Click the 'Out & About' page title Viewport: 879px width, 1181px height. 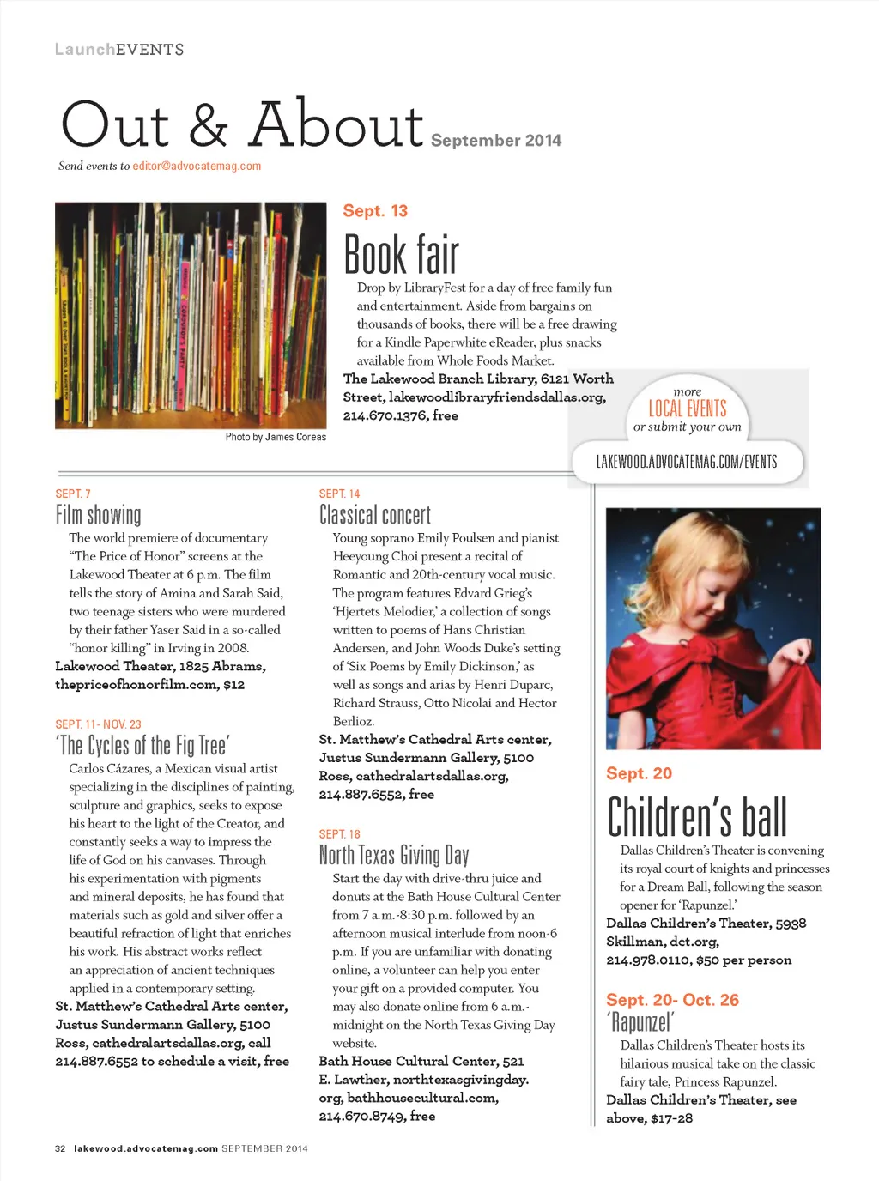[242, 125]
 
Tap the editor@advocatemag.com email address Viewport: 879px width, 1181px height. [197, 167]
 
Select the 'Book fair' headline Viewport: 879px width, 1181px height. [401, 255]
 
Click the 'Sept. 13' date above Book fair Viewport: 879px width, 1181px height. [375, 211]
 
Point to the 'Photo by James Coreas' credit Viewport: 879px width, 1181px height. [276, 437]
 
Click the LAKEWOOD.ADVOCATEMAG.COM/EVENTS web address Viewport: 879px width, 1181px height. [686, 462]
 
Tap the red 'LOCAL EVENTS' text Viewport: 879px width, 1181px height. [687, 409]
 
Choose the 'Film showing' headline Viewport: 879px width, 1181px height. [98, 515]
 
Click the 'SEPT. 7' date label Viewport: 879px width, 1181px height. [73, 494]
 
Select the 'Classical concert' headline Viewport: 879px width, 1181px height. [374, 515]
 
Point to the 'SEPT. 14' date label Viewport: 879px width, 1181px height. [339, 494]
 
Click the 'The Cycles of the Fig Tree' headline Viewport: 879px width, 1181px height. [142, 745]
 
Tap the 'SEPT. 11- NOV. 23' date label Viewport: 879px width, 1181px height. [98, 724]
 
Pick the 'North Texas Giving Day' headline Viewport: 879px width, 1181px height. [393, 855]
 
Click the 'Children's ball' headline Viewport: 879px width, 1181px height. [696, 817]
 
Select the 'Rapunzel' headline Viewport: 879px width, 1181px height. [640, 1022]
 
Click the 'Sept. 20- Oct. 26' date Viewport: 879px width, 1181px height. [672, 1000]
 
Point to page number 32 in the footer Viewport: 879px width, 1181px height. [60, 1148]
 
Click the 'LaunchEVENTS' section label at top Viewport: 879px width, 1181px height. [119, 50]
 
